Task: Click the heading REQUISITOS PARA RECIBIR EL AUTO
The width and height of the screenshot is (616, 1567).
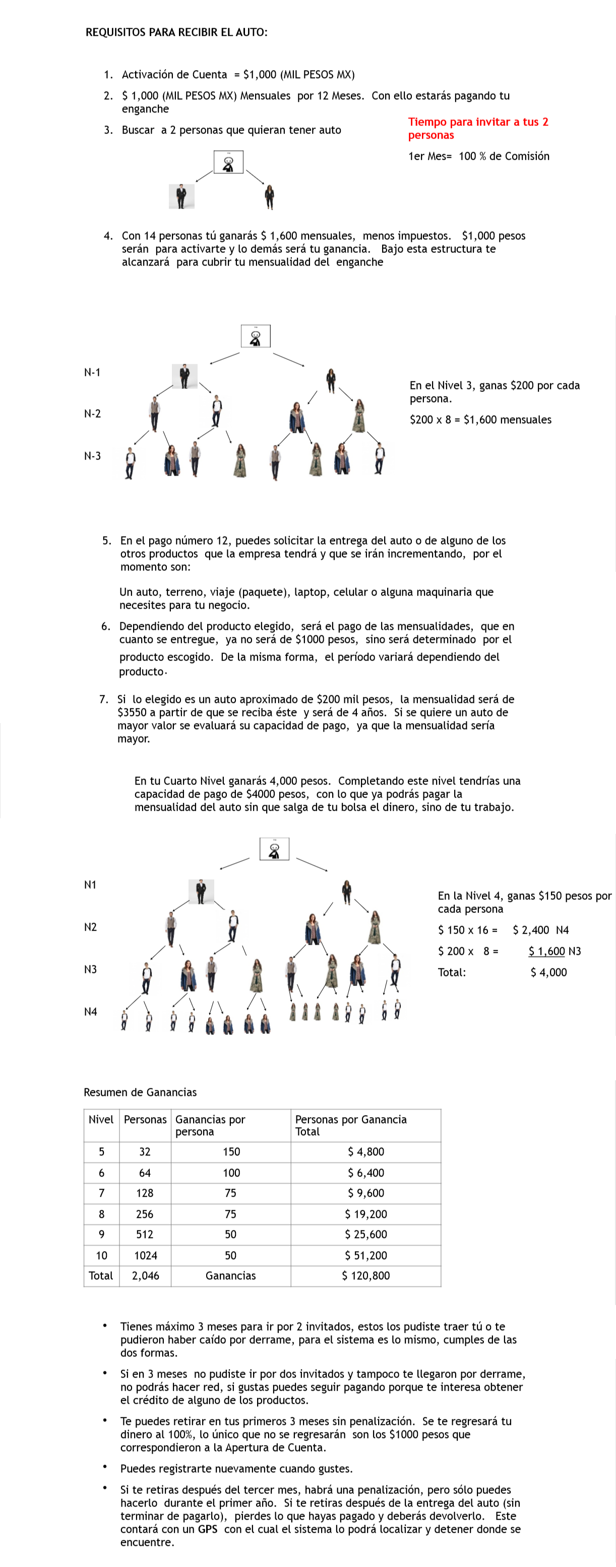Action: coord(176,32)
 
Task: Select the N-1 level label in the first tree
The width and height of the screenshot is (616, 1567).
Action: coord(92,372)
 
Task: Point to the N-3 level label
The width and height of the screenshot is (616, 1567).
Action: coord(92,455)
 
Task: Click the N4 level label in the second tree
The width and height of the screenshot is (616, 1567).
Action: coord(90,1012)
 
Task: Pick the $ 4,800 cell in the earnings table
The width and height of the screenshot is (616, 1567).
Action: coord(365,1151)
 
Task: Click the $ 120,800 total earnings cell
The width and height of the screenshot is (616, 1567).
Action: coord(365,1276)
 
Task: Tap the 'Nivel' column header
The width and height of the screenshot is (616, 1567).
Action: coord(100,1119)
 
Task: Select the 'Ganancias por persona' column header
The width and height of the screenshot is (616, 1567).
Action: coord(210,1126)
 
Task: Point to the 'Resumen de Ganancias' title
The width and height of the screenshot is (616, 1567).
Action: coord(140,1092)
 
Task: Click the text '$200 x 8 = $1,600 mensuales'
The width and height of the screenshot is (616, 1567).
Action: coord(480,420)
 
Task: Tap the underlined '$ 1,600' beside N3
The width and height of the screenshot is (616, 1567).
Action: coord(546,951)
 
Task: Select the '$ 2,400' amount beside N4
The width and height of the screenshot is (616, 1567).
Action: coord(530,930)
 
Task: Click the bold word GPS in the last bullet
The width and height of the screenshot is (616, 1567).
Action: coord(208,1529)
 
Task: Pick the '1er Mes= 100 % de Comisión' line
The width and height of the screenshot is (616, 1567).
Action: coord(478,156)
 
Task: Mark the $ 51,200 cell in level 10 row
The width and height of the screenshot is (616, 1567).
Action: coord(365,1255)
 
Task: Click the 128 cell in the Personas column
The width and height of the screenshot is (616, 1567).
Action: coord(145,1193)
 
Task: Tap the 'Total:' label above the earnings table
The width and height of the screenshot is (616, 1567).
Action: coord(452,972)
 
